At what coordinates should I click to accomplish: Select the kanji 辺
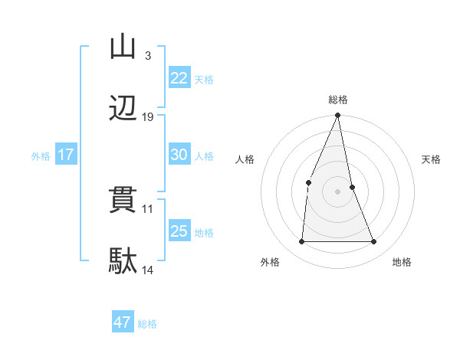tap(123, 110)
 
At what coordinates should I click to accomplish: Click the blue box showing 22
tap(179, 78)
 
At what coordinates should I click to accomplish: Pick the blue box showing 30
tap(179, 155)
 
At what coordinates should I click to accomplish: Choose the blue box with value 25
tap(179, 231)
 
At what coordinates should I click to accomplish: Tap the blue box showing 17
tap(65, 155)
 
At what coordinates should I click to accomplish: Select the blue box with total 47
tap(123, 322)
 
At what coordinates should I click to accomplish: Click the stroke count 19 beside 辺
tap(148, 117)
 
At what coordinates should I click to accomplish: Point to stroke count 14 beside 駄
tap(148, 270)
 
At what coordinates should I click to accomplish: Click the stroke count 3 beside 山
tap(147, 56)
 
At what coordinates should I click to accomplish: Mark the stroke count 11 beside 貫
tap(148, 208)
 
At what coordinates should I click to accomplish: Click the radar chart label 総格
tap(338, 100)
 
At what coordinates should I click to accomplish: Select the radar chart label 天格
tap(432, 159)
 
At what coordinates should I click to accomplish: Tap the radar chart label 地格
tap(402, 262)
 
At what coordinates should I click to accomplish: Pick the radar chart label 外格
tap(270, 262)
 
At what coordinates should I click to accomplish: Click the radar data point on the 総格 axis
tap(338, 116)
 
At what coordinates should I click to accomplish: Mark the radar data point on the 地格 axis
tap(374, 242)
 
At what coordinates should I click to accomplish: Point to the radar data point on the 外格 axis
tap(302, 242)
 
